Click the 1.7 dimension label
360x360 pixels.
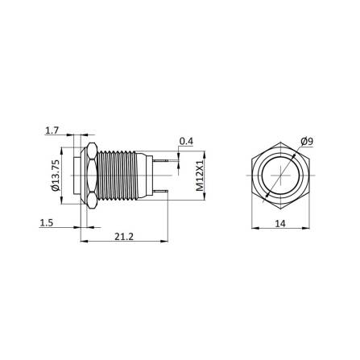[52, 129]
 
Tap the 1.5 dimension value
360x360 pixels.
[48, 223]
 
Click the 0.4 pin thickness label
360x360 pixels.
[186, 142]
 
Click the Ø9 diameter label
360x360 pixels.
[306, 142]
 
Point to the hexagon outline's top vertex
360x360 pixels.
[278, 144]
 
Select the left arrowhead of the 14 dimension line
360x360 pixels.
[251, 230]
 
